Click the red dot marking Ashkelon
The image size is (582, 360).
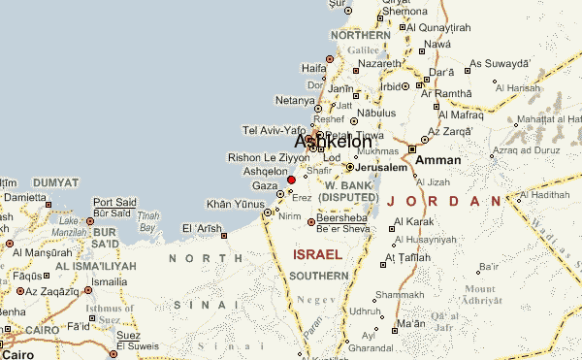click(x=291, y=180)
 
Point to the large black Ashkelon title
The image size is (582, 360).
click(x=333, y=142)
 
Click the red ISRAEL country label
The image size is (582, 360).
click(x=317, y=254)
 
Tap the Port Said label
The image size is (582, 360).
click(x=114, y=202)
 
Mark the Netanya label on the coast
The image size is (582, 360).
click(x=296, y=100)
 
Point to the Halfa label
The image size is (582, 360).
click(x=314, y=68)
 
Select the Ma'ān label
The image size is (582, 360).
click(x=411, y=322)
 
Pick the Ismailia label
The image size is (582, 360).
click(x=108, y=281)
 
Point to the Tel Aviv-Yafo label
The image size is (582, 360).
click(x=273, y=130)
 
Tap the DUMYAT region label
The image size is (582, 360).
click(x=55, y=182)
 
